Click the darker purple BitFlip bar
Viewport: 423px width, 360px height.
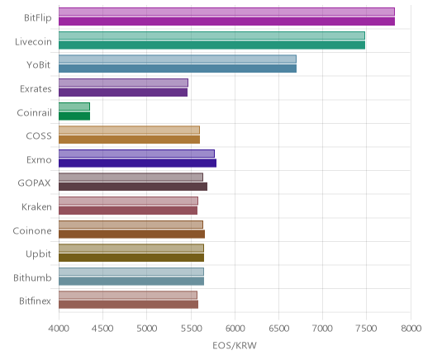pyautogui.click(x=226, y=21)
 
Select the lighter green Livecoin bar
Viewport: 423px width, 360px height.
pyautogui.click(x=211, y=36)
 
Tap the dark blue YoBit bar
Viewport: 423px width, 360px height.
pyautogui.click(x=178, y=69)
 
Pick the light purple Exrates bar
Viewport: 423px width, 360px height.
pyautogui.click(x=123, y=83)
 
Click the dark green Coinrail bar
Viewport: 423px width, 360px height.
pyautogui.click(x=74, y=116)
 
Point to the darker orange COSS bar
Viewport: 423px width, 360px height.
pyautogui.click(x=129, y=140)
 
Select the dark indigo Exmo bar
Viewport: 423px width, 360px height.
pyautogui.click(x=137, y=163)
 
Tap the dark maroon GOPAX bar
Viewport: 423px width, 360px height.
pyautogui.click(x=133, y=187)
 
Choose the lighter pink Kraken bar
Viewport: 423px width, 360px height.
pyautogui.click(x=128, y=201)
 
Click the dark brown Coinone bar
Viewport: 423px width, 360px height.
pyautogui.click(x=131, y=234)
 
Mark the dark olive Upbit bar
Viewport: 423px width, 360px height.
pyautogui.click(x=131, y=258)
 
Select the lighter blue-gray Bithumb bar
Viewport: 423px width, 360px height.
pyautogui.click(x=131, y=272)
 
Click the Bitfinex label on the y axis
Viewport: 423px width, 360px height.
pyautogui.click(x=35, y=301)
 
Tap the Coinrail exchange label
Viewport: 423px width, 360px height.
pyautogui.click(x=34, y=113)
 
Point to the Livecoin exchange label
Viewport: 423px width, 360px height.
pyautogui.click(x=33, y=42)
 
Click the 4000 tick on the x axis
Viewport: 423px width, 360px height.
pyautogui.click(x=59, y=329)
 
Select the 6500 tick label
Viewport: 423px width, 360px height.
pyautogui.click(x=278, y=329)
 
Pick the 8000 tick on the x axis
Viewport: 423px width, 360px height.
pyautogui.click(x=411, y=329)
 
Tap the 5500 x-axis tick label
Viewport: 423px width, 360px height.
pyautogui.click(x=191, y=329)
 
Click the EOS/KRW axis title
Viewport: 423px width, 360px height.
pyautogui.click(x=235, y=345)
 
